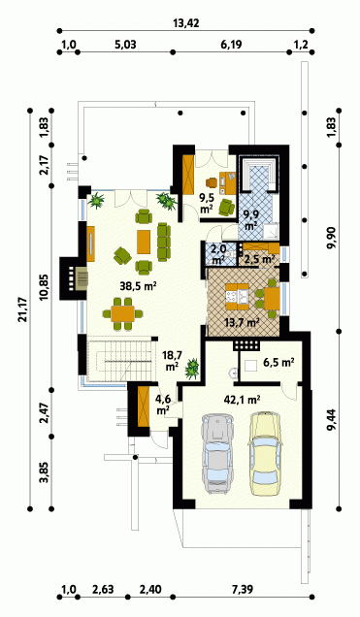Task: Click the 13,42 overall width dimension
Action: pyautogui.click(x=186, y=23)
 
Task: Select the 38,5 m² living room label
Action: pyautogui.click(x=139, y=286)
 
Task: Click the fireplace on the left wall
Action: pyautogui.click(x=75, y=278)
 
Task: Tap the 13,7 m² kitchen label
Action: pyautogui.click(x=242, y=323)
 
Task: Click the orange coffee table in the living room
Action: pyautogui.click(x=144, y=242)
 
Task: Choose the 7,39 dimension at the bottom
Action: pyautogui.click(x=242, y=589)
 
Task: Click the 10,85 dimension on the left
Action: pyautogui.click(x=44, y=286)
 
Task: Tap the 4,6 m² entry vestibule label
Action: pyautogui.click(x=163, y=405)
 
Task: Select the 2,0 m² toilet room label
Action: pyautogui.click(x=218, y=254)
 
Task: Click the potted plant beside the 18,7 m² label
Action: pyautogui.click(x=192, y=369)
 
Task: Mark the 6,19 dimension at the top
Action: pyautogui.click(x=231, y=45)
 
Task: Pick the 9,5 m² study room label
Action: pyautogui.click(x=208, y=205)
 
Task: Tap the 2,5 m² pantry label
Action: pyautogui.click(x=259, y=260)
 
